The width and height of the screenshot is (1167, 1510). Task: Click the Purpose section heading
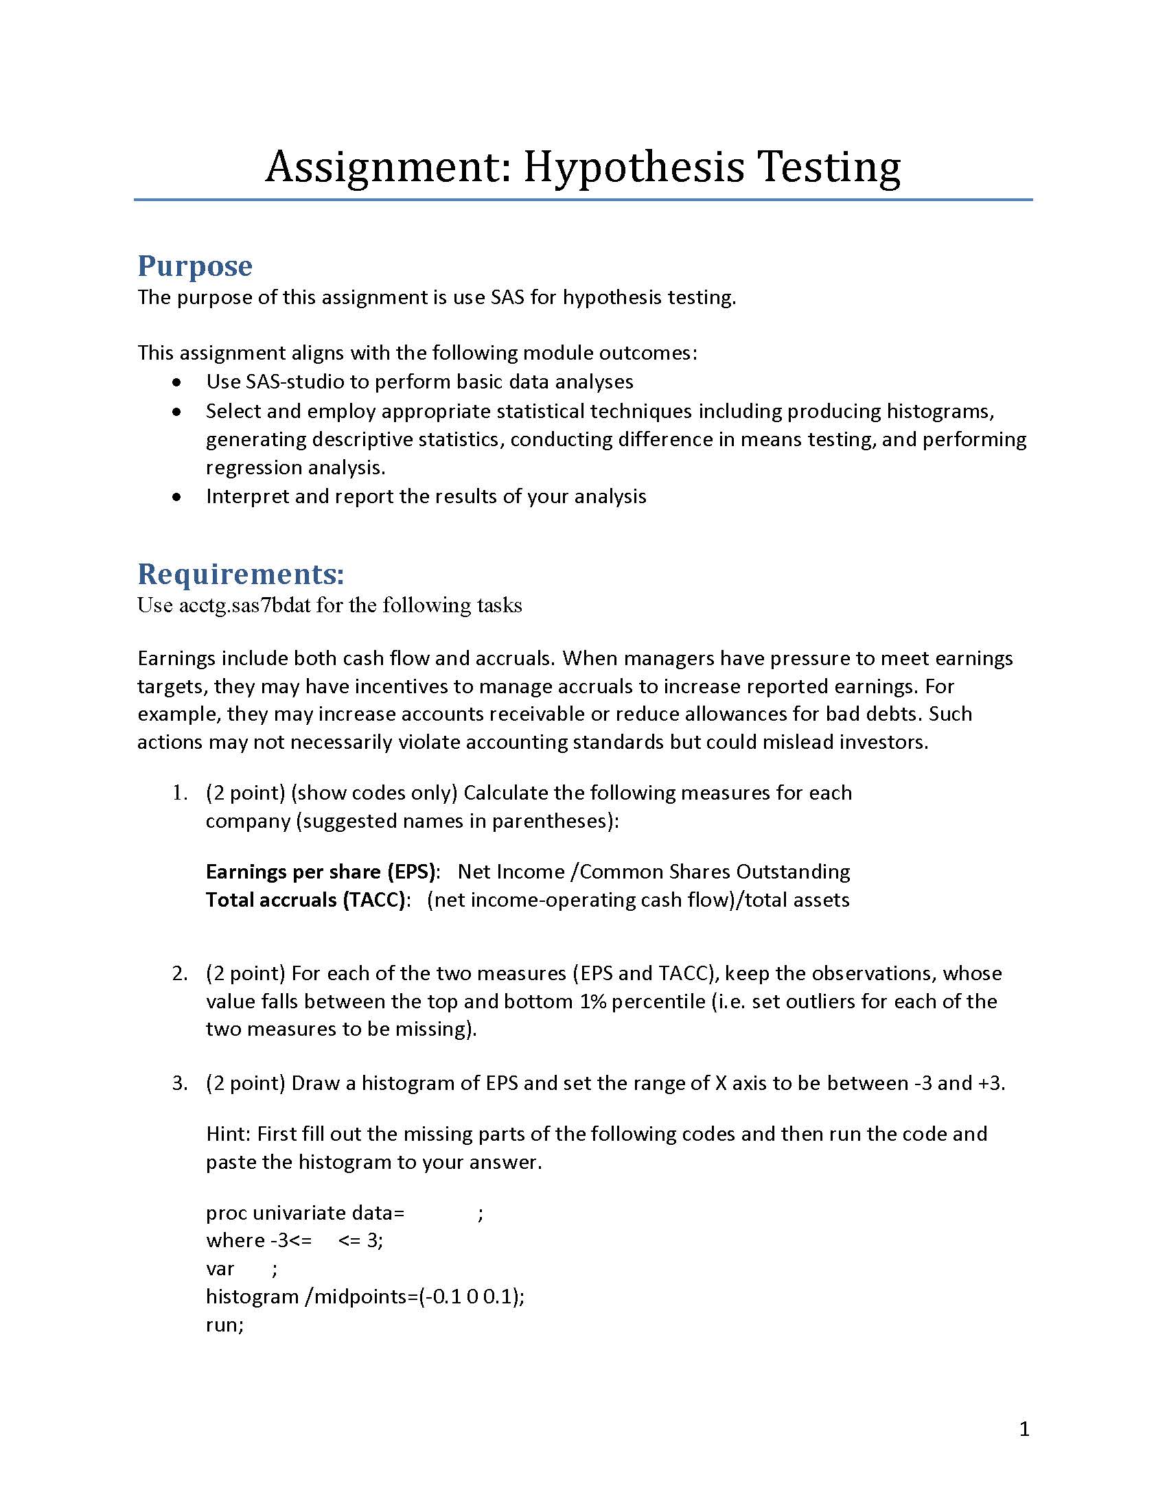click(195, 266)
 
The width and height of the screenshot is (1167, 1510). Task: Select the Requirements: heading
click(240, 574)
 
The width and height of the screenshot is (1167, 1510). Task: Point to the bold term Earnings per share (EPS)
click(321, 871)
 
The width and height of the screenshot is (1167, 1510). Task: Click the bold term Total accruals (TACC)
click(305, 900)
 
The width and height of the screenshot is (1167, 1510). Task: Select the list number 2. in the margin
click(180, 973)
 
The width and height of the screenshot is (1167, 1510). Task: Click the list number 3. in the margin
click(180, 1083)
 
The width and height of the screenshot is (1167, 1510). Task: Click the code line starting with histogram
click(365, 1296)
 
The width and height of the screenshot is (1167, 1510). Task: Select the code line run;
click(224, 1325)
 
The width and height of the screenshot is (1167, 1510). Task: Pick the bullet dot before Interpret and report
click(178, 497)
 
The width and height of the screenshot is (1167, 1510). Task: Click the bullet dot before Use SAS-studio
click(178, 382)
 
